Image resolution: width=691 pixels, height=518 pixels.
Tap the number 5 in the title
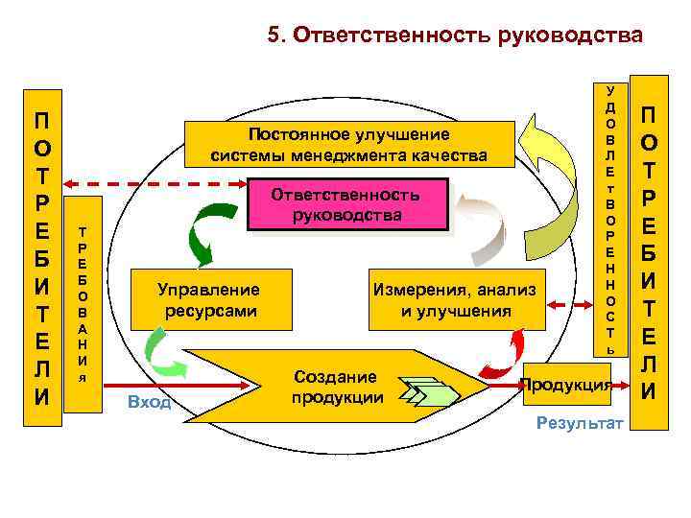tap(274, 36)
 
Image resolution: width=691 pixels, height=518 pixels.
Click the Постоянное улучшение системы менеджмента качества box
tap(348, 144)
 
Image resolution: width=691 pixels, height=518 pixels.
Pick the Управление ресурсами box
tap(210, 299)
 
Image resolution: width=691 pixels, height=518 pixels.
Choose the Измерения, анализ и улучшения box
tap(456, 299)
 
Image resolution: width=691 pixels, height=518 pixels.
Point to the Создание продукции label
tap(337, 387)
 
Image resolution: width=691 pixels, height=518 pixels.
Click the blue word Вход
tap(149, 402)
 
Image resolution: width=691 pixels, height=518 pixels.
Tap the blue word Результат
tap(581, 423)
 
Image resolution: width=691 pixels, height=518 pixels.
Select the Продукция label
tap(565, 386)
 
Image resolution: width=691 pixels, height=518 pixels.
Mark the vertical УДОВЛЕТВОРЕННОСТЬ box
tap(609, 220)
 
